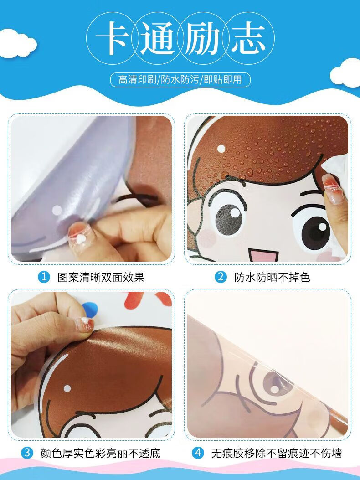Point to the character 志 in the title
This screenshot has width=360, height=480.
(248, 38)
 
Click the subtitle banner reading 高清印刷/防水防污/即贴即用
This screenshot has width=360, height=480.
(180, 80)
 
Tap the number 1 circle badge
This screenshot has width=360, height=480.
(44, 277)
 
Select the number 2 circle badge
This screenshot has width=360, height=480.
(221, 277)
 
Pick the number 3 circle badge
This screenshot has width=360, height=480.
(26, 453)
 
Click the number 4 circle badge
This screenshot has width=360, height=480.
(198, 453)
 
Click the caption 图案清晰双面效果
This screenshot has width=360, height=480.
(101, 277)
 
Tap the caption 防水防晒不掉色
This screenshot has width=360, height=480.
(272, 277)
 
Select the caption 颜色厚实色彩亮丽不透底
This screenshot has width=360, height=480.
(100, 453)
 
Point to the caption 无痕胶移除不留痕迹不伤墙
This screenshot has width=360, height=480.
(277, 453)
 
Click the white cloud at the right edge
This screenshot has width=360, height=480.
(346, 73)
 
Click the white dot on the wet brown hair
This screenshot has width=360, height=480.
(221, 149)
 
